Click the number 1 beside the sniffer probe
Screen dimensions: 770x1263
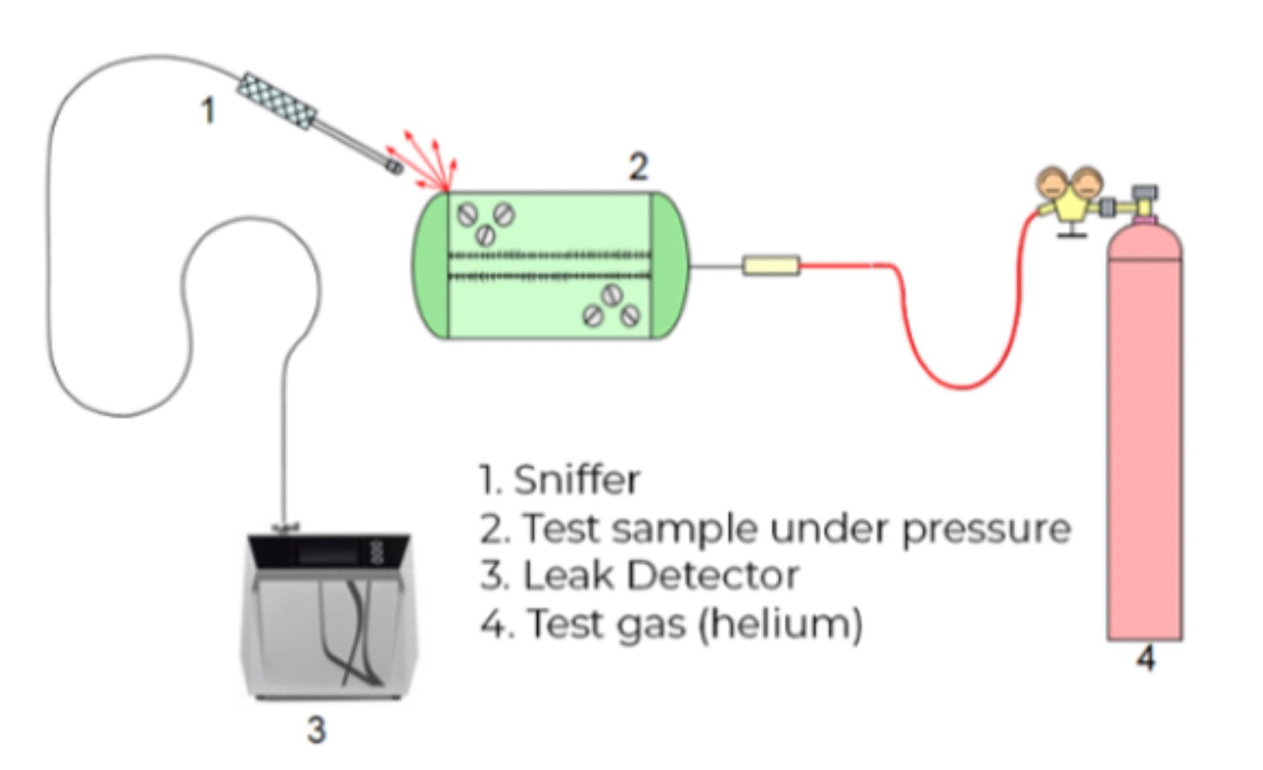[x=207, y=111]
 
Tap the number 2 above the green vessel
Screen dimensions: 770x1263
[x=638, y=167]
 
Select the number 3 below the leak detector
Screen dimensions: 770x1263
[x=316, y=730]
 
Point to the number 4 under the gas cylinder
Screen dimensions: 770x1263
[x=1146, y=657]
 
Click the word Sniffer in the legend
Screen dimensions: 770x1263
[x=576, y=480]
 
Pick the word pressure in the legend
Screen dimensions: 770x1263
[x=986, y=529]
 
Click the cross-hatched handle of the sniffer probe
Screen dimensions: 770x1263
[x=277, y=101]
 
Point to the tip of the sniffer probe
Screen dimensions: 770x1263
[x=394, y=167]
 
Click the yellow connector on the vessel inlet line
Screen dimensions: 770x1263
[x=771, y=265]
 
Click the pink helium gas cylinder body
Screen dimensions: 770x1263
[x=1144, y=445]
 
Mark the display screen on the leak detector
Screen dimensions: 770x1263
[x=331, y=555]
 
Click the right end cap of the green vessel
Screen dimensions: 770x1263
[x=668, y=265]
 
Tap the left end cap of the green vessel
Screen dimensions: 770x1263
[x=431, y=265]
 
